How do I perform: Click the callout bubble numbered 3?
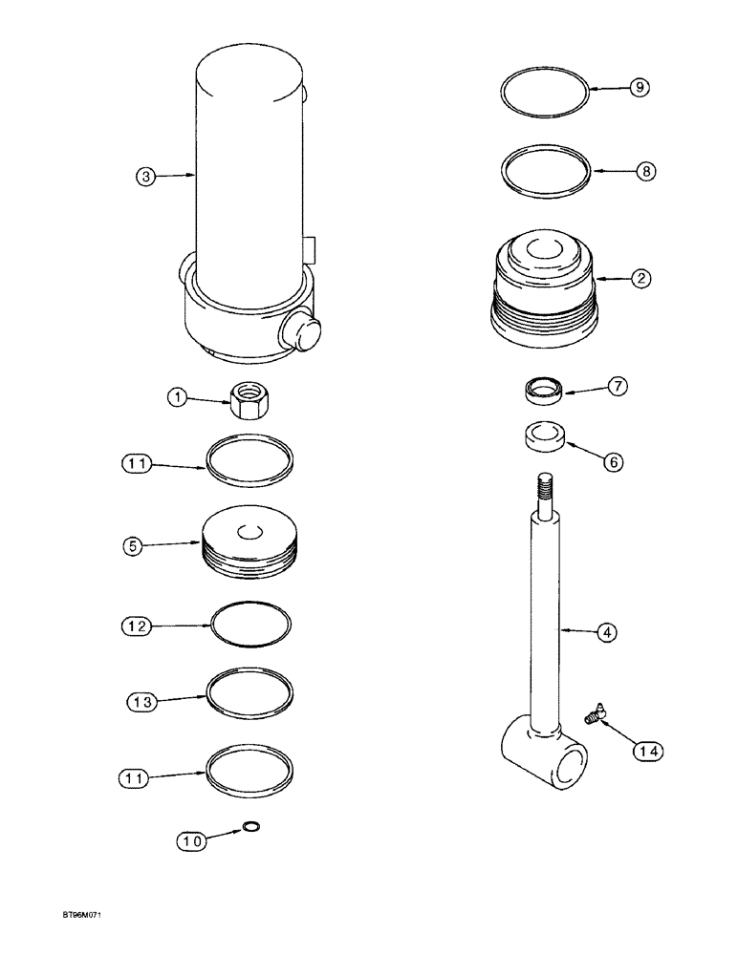tap(144, 176)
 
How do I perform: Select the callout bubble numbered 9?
tap(640, 87)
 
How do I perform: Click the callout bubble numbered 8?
tap(646, 172)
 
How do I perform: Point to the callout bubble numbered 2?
tap(641, 279)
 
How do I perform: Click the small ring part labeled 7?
tap(545, 389)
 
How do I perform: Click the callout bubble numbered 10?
tap(190, 841)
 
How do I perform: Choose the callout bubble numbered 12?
tap(138, 626)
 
